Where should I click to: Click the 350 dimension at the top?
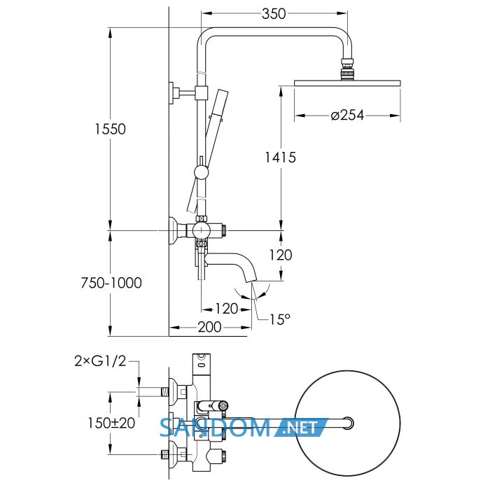click(274, 14)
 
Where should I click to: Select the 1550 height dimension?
click(111, 129)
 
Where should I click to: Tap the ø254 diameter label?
click(347, 115)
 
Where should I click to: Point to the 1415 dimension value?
click(280, 157)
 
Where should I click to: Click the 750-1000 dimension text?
click(111, 283)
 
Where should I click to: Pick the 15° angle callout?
click(280, 319)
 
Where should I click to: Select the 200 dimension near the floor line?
click(210, 327)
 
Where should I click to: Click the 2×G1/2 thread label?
click(100, 361)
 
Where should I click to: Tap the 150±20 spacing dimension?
click(111, 423)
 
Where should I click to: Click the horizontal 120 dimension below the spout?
click(227, 309)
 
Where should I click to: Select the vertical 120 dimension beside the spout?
click(281, 255)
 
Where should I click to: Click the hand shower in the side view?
click(208, 151)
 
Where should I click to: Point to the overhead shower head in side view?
click(347, 83)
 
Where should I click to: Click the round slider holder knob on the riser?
click(201, 172)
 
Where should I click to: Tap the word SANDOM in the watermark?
click(215, 428)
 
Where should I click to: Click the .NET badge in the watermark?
click(302, 427)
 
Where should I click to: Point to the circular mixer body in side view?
click(202, 230)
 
